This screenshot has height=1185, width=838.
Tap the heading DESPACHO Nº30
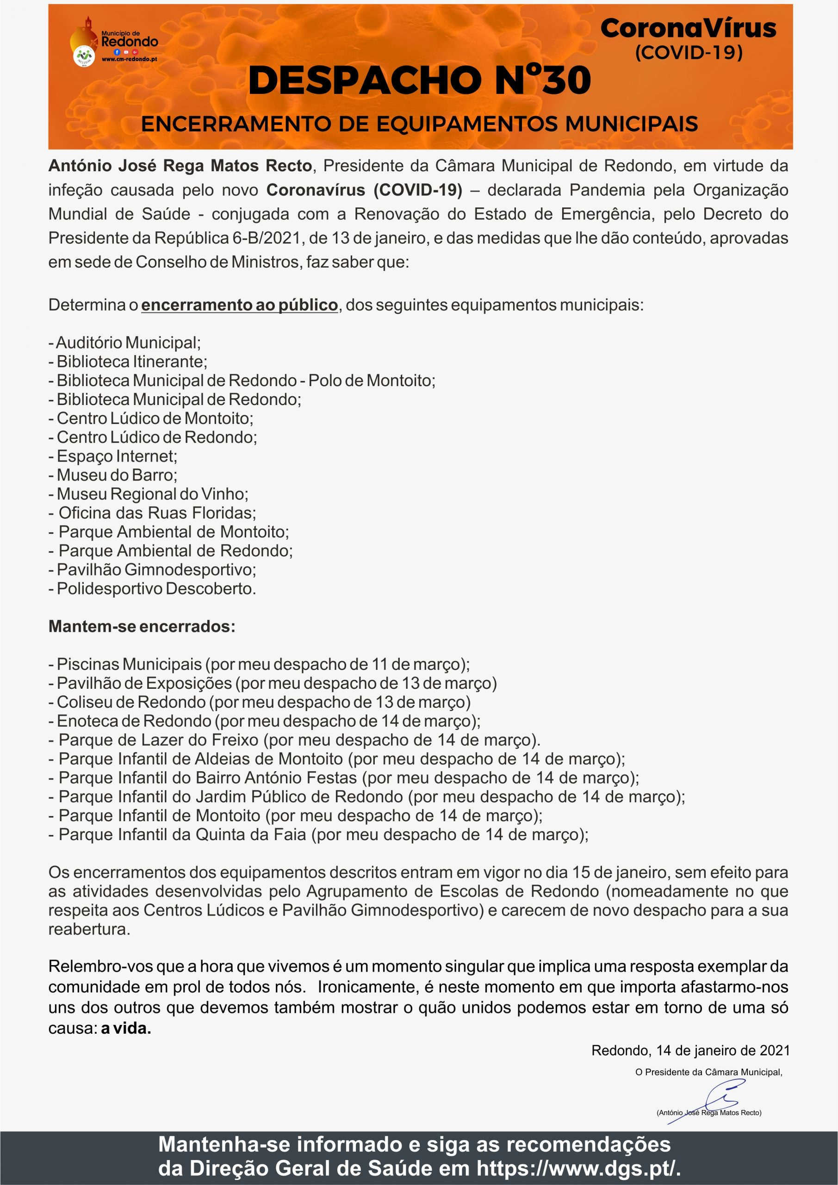coord(419,81)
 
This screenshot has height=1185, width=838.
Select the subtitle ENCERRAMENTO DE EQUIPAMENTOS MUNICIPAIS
coord(419,125)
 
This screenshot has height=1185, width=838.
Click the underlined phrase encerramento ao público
coord(239,305)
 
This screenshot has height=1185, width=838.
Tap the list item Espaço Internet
coord(117,456)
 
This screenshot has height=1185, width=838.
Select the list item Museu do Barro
coord(117,475)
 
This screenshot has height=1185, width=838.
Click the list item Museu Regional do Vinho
coord(152,494)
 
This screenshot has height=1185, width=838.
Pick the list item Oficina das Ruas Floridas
coord(157,513)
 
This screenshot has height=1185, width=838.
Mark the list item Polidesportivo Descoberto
coord(156,589)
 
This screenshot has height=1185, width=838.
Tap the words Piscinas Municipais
coord(129,664)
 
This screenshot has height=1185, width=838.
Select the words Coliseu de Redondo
coord(131,702)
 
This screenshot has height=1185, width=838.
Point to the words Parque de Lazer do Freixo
coord(158,740)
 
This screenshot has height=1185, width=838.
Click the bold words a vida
coord(126,1029)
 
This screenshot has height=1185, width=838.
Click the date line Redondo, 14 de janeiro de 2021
coord(690,1050)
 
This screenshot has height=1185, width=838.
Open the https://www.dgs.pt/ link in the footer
coord(578,1168)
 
